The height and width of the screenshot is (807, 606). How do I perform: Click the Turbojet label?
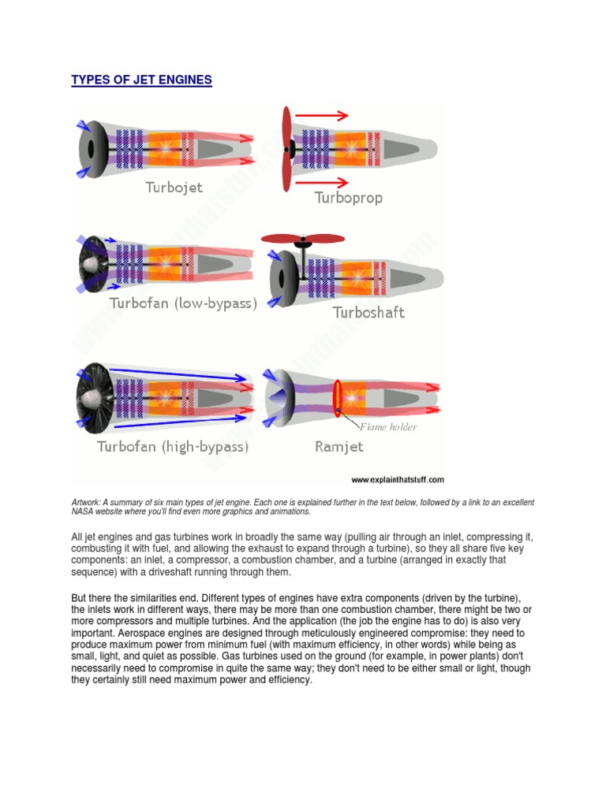[x=174, y=187]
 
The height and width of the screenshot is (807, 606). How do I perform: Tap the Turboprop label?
[x=348, y=198]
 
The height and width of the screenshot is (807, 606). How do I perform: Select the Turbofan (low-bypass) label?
[x=183, y=303]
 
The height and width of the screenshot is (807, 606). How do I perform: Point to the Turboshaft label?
[x=368, y=312]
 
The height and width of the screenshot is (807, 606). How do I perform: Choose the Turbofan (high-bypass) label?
[x=173, y=447]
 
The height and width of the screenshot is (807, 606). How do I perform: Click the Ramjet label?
[x=339, y=447]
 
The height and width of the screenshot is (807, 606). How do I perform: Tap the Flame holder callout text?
[x=388, y=427]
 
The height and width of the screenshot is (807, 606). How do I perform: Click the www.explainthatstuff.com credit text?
[x=398, y=479]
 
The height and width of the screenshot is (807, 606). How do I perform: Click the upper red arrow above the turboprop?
[x=320, y=116]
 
